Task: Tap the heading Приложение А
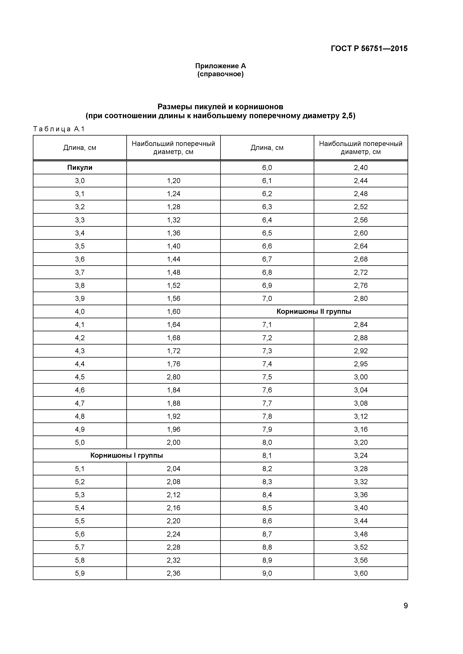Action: pos(220,66)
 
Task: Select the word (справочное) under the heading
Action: pos(220,74)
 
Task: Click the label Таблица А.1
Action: pos(59,129)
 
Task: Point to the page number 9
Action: pos(405,614)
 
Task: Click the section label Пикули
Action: pos(80,167)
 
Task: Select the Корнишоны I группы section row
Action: pos(127,455)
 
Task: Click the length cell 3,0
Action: pos(80,181)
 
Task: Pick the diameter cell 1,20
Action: pos(173,181)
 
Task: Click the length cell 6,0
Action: pos(267,167)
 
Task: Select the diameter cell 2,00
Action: pos(173,442)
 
